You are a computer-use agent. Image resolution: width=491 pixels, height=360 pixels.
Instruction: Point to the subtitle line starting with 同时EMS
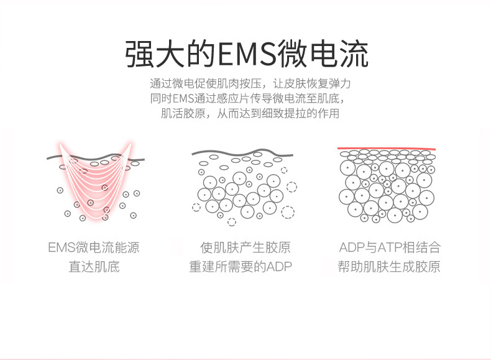[246, 98]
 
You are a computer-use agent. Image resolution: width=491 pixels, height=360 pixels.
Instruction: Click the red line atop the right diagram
[385, 149]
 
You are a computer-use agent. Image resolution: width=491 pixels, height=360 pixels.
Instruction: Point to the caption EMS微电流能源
[94, 248]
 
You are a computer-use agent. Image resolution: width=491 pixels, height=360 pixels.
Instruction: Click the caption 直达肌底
[94, 267]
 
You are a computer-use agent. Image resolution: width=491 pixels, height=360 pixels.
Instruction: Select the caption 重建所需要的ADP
[241, 267]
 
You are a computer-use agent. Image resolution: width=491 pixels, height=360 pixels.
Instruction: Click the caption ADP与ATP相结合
[390, 248]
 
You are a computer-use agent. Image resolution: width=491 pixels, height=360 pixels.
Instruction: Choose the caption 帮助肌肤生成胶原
[390, 267]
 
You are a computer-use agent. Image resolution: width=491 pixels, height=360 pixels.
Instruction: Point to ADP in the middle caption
[279, 267]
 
